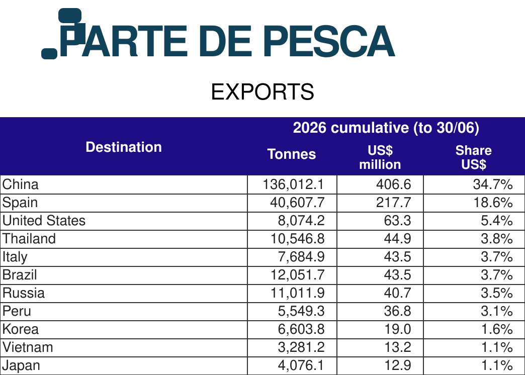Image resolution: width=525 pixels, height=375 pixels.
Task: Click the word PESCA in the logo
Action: click(x=329, y=41)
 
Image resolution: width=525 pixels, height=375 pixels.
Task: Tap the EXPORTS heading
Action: click(x=262, y=92)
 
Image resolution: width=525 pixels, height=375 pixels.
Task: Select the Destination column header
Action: click(x=124, y=147)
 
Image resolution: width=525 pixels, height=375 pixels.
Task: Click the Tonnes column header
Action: click(x=292, y=154)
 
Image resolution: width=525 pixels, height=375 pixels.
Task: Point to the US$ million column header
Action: click(x=380, y=157)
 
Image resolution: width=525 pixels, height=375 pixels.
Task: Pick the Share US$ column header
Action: click(x=473, y=157)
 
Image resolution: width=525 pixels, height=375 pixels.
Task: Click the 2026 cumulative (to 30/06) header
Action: click(x=386, y=128)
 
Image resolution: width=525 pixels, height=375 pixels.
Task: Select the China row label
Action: click(x=21, y=184)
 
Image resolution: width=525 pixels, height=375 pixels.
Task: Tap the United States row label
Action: click(x=44, y=221)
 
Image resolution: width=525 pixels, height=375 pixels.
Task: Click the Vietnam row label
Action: click(x=28, y=347)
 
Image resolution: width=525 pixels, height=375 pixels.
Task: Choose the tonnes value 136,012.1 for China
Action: click(x=294, y=184)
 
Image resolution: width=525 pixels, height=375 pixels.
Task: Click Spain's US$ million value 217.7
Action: click(x=393, y=203)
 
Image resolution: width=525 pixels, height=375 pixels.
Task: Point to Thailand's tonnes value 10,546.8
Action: click(x=297, y=239)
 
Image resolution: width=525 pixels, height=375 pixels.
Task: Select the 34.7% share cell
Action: click(x=492, y=184)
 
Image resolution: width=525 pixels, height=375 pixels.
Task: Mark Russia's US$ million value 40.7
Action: click(x=397, y=293)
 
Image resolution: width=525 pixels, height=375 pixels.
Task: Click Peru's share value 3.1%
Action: click(x=496, y=311)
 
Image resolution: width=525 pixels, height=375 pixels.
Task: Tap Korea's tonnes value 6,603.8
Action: click(x=301, y=329)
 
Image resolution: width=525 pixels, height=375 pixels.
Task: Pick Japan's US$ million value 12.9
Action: click(x=397, y=365)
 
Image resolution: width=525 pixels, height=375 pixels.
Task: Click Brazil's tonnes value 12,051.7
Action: click(x=297, y=275)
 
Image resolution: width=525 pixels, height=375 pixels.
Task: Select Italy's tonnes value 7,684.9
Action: click(x=301, y=257)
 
